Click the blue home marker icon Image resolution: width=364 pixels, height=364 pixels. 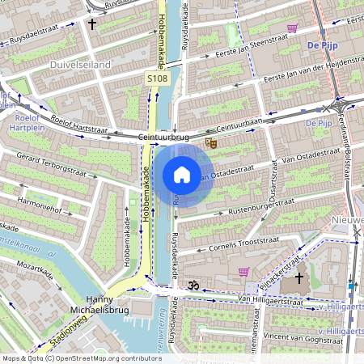coord(182,175)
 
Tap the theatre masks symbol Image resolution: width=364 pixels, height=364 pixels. coord(211,143)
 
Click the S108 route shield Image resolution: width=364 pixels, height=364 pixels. coord(157,78)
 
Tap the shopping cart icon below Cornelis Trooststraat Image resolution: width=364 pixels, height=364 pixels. coord(244,271)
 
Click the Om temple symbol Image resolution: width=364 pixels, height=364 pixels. coord(193,285)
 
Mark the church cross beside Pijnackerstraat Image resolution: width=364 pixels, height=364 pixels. coord(299,278)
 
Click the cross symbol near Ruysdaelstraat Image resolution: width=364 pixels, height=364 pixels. coord(92,24)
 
